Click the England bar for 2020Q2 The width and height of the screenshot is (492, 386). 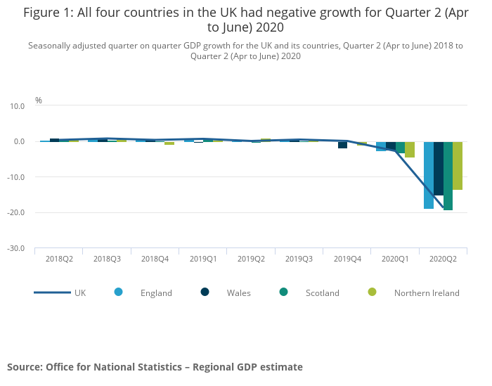pos(428,175)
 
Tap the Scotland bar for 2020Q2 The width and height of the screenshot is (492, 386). pos(448,176)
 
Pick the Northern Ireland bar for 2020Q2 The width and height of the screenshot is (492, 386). pos(458,166)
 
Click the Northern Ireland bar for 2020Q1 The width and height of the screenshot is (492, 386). pos(410,150)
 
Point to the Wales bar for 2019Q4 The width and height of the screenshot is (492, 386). pos(342,145)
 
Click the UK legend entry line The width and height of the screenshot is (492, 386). pos(52,292)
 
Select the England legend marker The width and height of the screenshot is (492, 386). pos(118,292)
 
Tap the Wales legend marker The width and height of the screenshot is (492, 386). pos(205,292)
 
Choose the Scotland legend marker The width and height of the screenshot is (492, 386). pos(283,292)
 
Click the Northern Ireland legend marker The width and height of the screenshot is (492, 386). pos(372,292)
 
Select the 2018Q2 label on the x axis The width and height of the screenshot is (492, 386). pos(59,259)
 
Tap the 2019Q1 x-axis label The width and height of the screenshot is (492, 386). pos(203,259)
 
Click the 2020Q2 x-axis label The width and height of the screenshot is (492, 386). pos(443,259)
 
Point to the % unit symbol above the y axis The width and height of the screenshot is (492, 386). pos(39,101)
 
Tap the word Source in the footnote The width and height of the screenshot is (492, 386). pos(24,367)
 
